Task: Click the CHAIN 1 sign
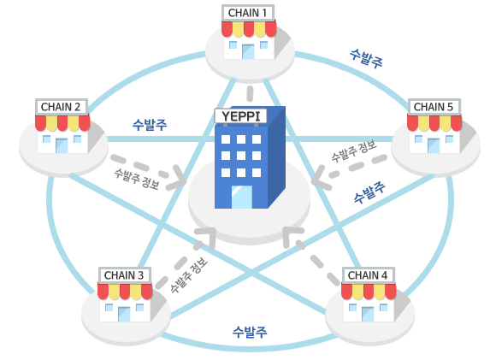[x=248, y=13]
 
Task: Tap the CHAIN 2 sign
[x=61, y=107]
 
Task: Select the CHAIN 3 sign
[x=124, y=275]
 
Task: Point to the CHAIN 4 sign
[x=368, y=275]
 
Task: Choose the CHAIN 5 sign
[x=434, y=107]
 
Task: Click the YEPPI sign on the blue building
[x=241, y=116]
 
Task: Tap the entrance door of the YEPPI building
[x=242, y=197]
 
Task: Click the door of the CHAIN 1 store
[x=248, y=51]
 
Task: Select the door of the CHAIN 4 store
[x=368, y=314]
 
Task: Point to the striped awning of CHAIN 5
[x=434, y=123]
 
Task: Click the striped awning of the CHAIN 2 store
[x=62, y=123]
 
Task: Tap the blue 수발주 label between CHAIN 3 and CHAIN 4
[x=250, y=332]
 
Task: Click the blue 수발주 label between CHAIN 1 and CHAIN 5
[x=366, y=58]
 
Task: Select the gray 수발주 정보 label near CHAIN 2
[x=137, y=179]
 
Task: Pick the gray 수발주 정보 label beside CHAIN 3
[x=189, y=274]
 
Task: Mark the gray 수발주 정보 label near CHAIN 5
[x=354, y=150]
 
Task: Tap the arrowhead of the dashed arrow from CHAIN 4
[x=291, y=236]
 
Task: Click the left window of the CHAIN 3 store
[x=109, y=307]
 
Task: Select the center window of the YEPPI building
[x=241, y=156]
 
